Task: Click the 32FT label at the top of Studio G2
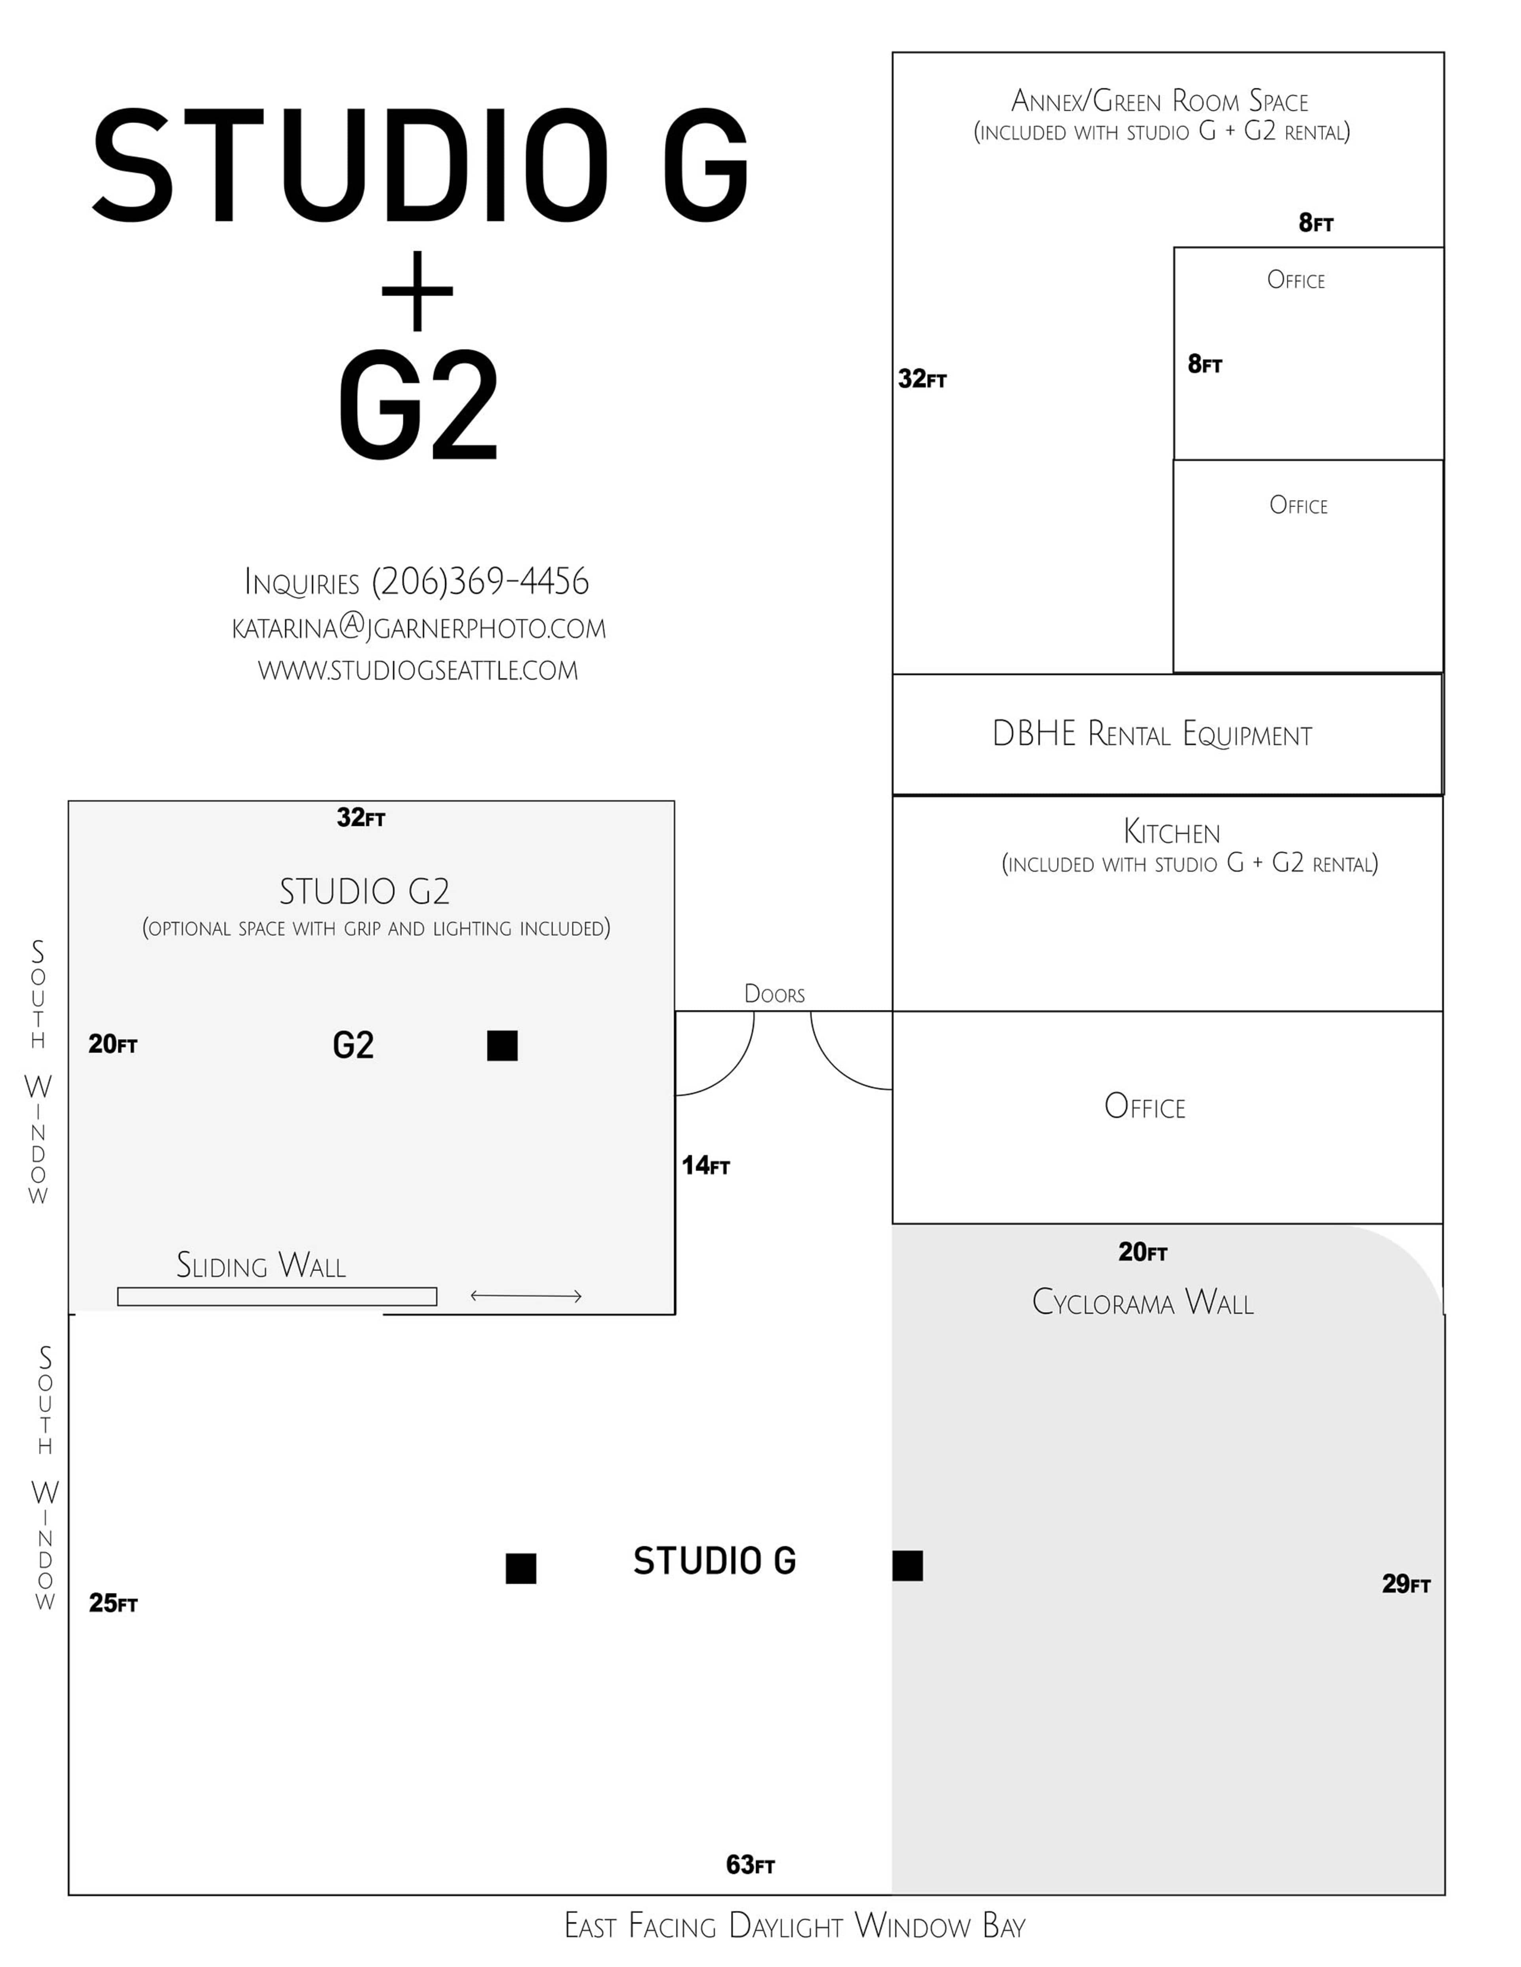[360, 818]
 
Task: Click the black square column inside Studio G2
[502, 1045]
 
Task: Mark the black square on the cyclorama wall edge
[907, 1565]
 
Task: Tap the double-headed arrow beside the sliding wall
[526, 1296]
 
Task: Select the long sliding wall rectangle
[276, 1296]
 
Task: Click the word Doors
[774, 994]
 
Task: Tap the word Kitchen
[1171, 831]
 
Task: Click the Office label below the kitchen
[1144, 1107]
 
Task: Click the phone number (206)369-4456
[480, 582]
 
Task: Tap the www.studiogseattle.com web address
[418, 670]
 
